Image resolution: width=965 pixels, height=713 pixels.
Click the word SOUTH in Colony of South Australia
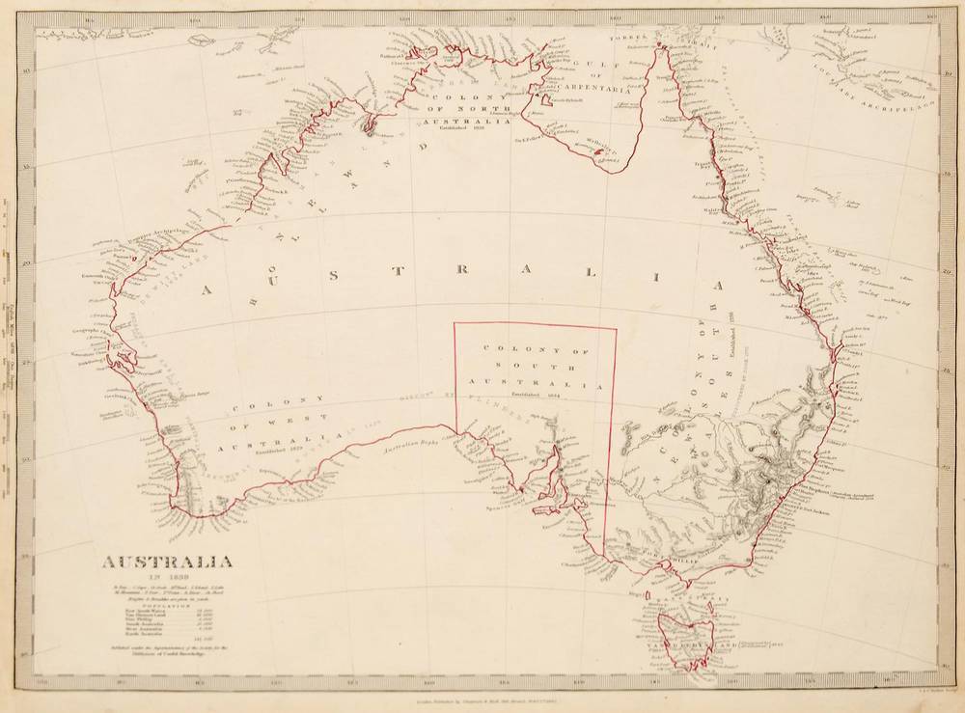(x=537, y=367)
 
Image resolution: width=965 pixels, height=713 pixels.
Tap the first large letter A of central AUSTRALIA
(x=206, y=288)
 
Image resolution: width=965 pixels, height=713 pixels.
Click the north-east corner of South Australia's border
(x=616, y=328)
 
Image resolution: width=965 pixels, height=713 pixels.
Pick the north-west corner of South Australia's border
(x=455, y=323)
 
